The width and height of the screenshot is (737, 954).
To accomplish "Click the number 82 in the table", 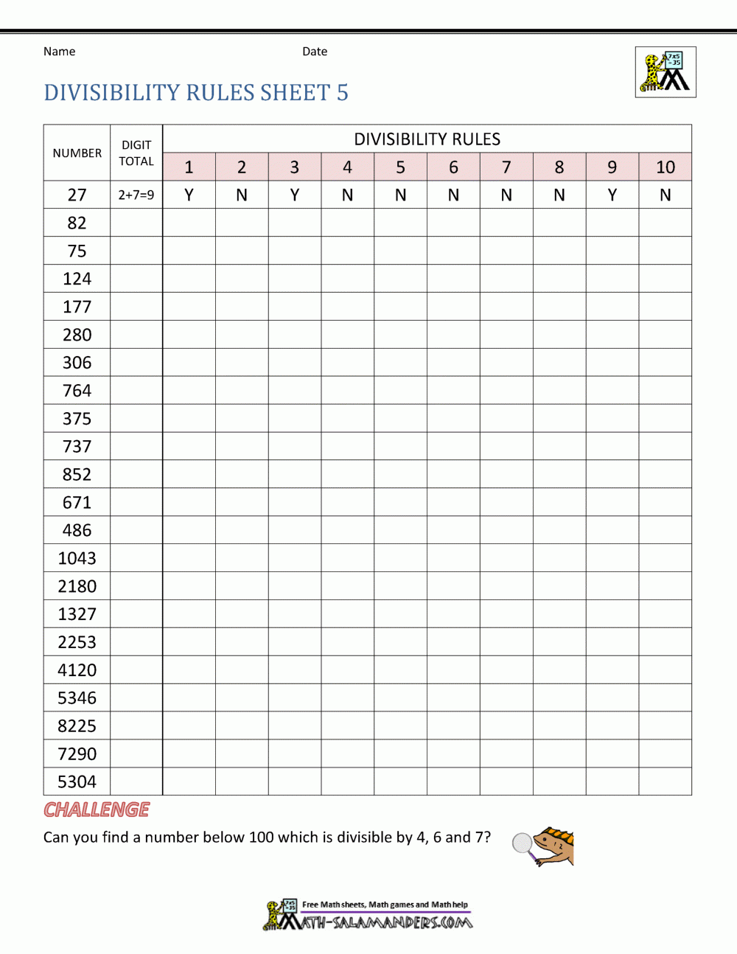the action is point(77,223).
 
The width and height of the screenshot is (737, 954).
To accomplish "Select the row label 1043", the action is point(77,558).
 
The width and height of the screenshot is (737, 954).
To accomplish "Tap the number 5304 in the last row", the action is point(77,781).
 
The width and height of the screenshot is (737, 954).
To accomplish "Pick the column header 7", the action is point(506,167).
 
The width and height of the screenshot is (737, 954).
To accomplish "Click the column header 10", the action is point(665,167).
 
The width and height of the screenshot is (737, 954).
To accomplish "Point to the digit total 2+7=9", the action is point(136,195).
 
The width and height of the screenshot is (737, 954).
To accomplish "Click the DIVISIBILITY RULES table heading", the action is point(427,139).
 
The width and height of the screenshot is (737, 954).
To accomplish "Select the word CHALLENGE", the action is point(97,809).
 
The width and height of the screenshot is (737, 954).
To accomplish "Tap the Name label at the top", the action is point(59,52).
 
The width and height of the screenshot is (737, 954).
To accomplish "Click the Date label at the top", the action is point(315,52).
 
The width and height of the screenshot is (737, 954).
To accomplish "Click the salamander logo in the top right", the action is point(666,72).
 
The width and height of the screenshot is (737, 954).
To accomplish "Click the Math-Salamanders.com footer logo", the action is point(368,915).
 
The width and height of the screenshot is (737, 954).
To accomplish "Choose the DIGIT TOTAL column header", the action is point(136,153).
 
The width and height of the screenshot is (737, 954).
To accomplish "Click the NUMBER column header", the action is point(77,153).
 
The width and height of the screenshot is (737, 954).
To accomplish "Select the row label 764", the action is point(77,391).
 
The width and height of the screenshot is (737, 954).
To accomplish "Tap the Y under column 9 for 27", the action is point(612,195).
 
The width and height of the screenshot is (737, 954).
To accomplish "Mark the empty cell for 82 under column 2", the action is point(242,223).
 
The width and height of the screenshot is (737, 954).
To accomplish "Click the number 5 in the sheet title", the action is point(343,93).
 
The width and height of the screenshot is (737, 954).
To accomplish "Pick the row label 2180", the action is point(77,586).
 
